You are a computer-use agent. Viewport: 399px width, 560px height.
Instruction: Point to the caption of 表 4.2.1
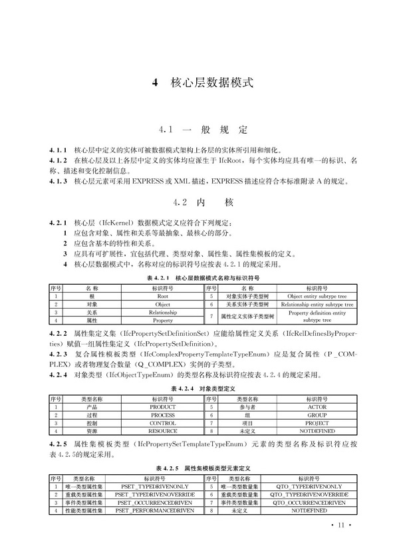pos(199,277)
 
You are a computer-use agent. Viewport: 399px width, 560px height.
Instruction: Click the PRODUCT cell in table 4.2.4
pos(163,406)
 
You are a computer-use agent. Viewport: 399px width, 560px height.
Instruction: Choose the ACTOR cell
pos(317,406)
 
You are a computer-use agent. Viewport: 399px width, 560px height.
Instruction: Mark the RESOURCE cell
pos(163,431)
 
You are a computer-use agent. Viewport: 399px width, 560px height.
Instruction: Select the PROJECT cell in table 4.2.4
pos(317,422)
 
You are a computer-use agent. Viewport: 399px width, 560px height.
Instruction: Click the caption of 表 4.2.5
pos(199,468)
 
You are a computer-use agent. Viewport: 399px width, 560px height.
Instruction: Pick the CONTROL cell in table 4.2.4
pos(163,422)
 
